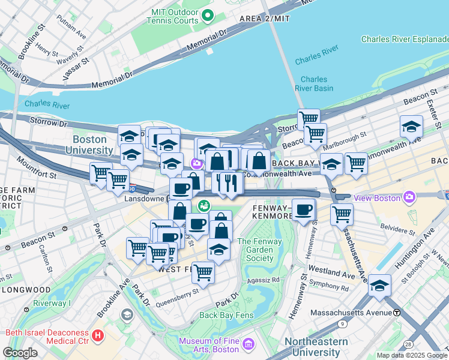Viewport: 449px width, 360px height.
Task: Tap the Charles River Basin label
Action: tap(314, 83)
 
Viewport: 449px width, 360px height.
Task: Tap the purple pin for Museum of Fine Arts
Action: tap(249, 345)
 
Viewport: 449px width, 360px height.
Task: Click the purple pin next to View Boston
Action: tap(409, 196)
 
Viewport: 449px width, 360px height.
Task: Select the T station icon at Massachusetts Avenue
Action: tap(397, 313)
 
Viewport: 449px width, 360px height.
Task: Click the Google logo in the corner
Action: tap(20, 353)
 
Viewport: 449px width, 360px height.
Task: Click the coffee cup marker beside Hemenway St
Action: tap(304, 210)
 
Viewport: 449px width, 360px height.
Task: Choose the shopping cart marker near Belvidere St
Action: tap(342, 214)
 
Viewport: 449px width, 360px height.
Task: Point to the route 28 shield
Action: tap(408, 344)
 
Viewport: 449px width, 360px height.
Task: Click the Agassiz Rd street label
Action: tap(267, 280)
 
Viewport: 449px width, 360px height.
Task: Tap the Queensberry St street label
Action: tap(177, 293)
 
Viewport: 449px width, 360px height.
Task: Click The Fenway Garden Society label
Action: tap(256, 250)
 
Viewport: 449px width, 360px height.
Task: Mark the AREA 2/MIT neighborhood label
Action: tap(264, 19)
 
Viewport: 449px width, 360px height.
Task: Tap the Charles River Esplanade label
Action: tap(405, 40)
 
